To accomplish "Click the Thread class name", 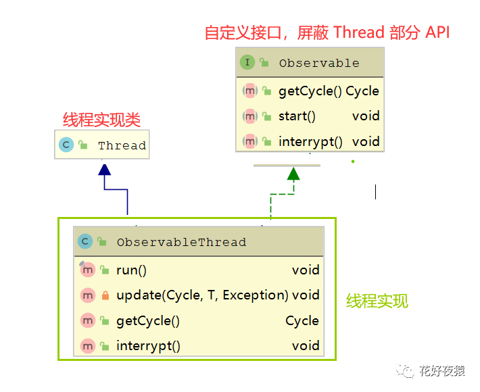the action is (x=122, y=145).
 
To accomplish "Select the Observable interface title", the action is (x=319, y=63).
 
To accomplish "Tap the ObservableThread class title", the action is (x=181, y=242).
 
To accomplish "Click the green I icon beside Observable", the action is (x=247, y=62).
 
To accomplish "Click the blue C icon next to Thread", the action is (x=66, y=145).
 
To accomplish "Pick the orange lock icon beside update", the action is (x=105, y=295).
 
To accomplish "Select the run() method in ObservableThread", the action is (x=131, y=270).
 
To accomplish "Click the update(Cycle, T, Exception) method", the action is (x=202, y=295).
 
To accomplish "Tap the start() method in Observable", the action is (x=297, y=116).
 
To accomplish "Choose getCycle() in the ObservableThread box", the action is (x=148, y=321).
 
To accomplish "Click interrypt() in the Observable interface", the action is (x=310, y=142).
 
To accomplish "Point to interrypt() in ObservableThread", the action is (x=148, y=346).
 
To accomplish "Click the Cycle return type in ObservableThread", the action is (x=302, y=321).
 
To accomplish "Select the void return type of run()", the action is (x=306, y=270).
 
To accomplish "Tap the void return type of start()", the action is (x=366, y=116).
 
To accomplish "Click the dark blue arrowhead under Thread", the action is (x=104, y=170).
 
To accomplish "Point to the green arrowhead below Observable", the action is (x=293, y=174).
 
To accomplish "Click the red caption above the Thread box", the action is (x=101, y=120).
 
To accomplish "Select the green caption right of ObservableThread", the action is (x=377, y=301).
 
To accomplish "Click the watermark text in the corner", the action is (x=442, y=371).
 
